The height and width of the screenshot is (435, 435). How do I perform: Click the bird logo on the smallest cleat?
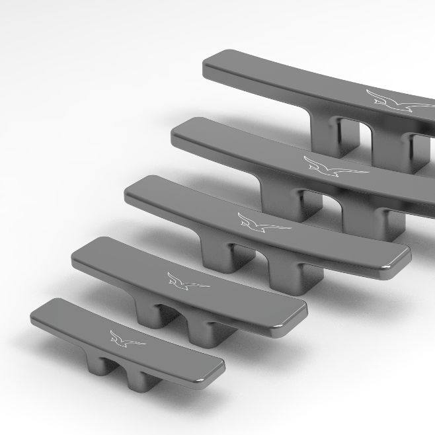click(126, 338)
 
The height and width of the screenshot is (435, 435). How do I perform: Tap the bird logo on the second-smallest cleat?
click(186, 282)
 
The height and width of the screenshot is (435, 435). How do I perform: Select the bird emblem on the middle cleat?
click(262, 225)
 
